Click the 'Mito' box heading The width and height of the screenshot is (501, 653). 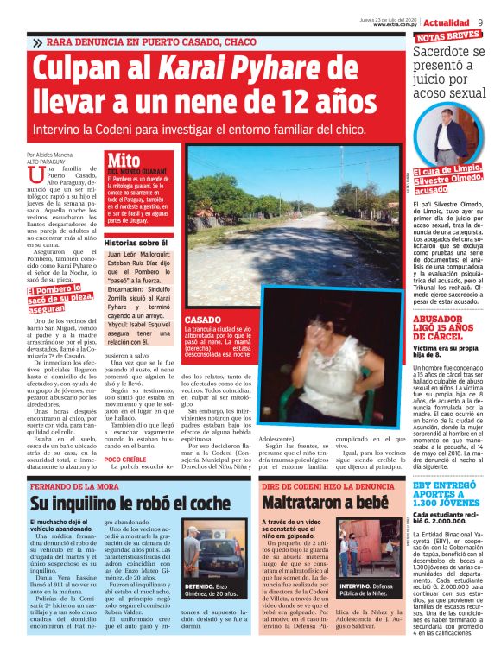point(124,161)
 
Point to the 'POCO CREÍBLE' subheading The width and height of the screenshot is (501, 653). point(123,460)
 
